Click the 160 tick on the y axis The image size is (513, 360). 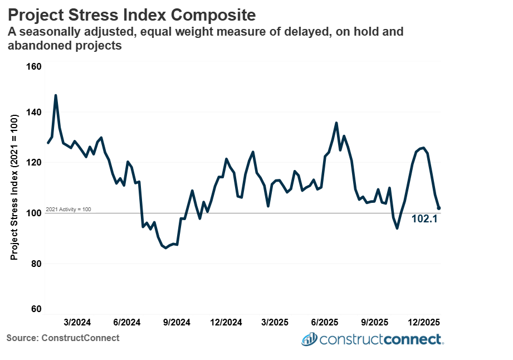pos(35,67)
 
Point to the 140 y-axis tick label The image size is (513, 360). pos(35,113)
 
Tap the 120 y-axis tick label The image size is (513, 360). pos(35,163)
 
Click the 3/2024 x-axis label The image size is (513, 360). pos(77,323)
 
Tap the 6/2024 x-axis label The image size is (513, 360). pos(127,323)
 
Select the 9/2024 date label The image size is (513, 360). pos(177,323)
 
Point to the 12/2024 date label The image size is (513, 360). pos(226,323)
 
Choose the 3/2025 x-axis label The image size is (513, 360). pos(275,323)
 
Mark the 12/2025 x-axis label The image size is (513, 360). pos(423,323)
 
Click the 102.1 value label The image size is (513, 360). pos(424,219)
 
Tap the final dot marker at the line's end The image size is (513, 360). pos(439,208)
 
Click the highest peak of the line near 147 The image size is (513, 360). pos(56,96)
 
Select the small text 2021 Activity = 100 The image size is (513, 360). pos(68,210)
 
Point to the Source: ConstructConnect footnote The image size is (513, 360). pos(63,338)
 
